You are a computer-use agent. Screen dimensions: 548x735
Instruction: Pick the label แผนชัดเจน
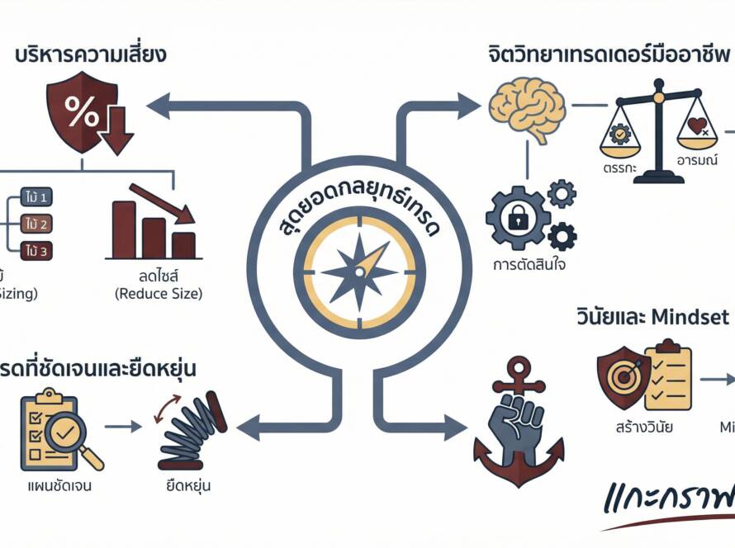coord(59,485)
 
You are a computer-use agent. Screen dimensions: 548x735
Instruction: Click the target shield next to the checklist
coord(619,376)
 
